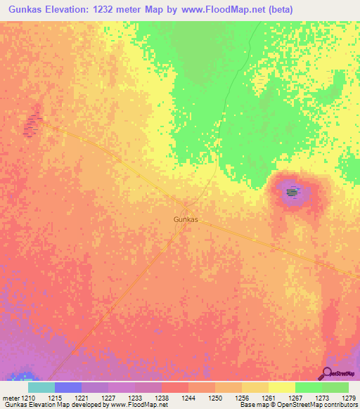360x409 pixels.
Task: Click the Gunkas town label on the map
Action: pyautogui.click(x=186, y=219)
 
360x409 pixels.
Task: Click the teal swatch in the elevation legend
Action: pyautogui.click(x=41, y=387)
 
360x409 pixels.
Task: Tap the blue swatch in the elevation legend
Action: pyautogui.click(x=68, y=387)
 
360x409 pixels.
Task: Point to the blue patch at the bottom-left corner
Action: pyautogui.click(x=27, y=377)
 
